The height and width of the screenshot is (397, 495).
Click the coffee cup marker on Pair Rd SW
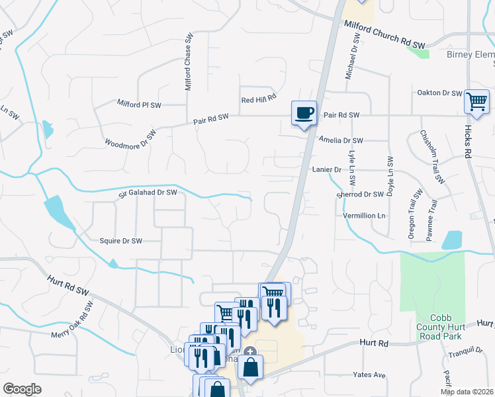pos(304,113)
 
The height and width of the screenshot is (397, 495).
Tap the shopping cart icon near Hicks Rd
pos(476,101)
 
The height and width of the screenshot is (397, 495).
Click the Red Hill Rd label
pos(258,99)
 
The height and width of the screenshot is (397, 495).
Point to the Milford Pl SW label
pos(139,105)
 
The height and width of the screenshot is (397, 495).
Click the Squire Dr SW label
pos(120,242)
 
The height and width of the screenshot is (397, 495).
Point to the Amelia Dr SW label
pos(341,140)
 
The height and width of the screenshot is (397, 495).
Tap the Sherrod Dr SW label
pos(360,195)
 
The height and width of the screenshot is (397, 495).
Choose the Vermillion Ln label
pos(363,216)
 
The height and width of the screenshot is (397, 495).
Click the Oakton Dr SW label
pos(439,93)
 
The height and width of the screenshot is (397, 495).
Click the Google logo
pos(22,389)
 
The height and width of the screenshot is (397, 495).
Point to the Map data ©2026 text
pos(467,392)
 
